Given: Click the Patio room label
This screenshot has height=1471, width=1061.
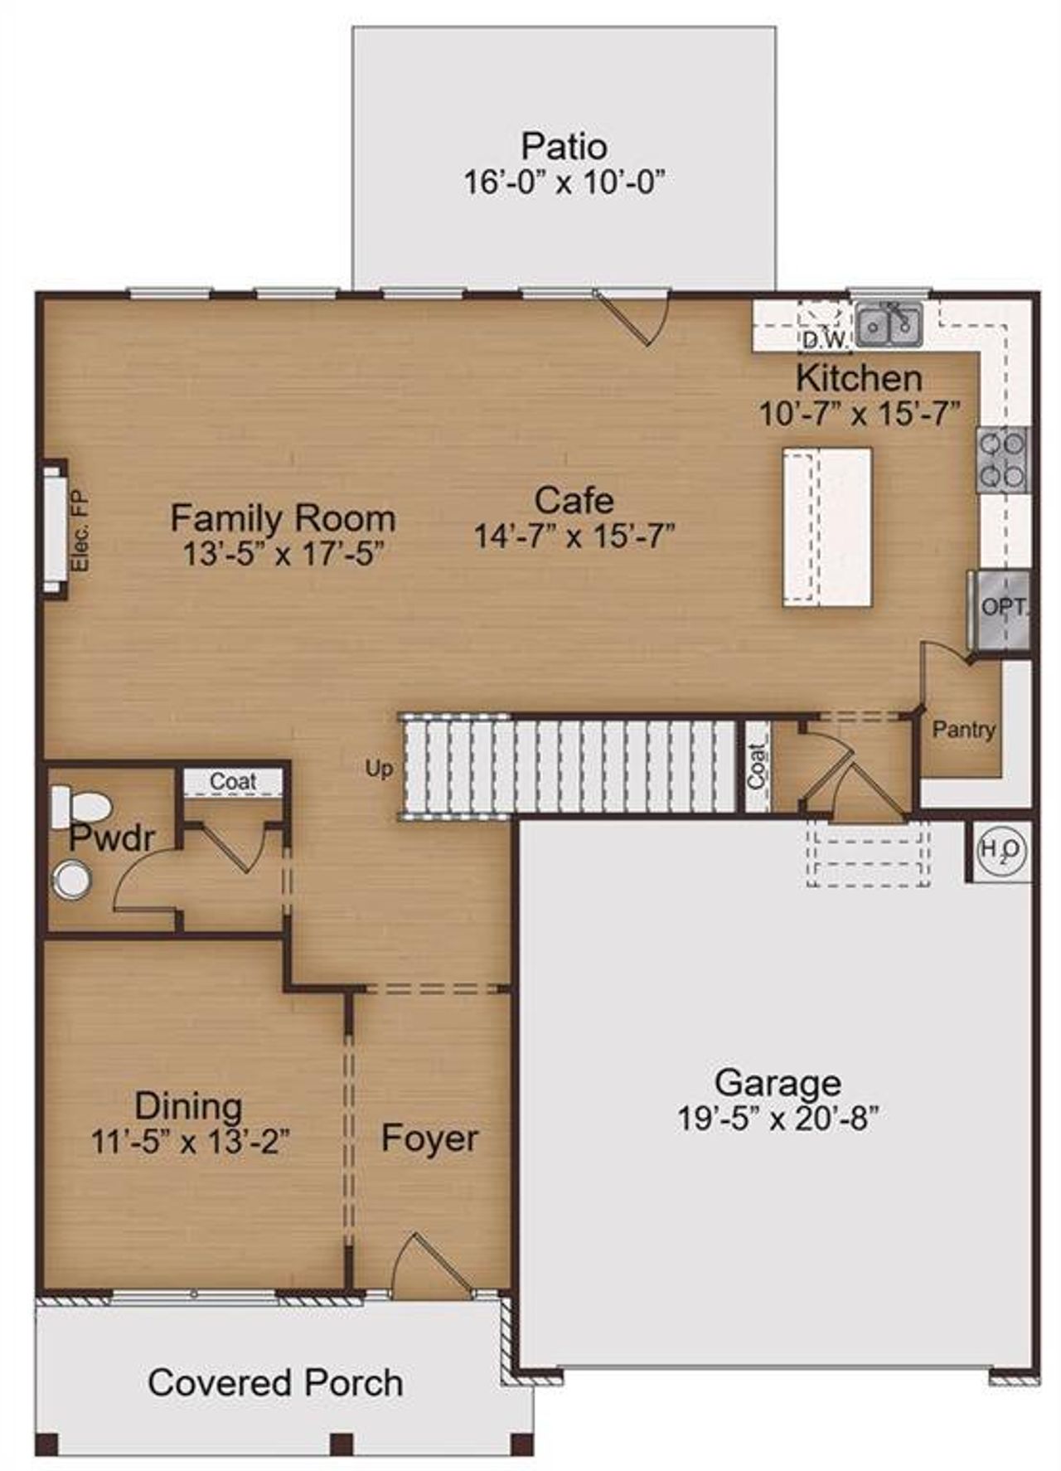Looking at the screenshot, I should [x=564, y=147].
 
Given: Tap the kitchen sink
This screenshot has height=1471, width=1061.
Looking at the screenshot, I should [x=889, y=324].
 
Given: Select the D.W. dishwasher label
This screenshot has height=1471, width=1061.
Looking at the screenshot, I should [x=824, y=339].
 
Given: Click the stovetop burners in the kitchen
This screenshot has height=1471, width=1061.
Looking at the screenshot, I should [x=1002, y=460].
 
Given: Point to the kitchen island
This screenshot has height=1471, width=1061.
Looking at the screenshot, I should [x=827, y=527].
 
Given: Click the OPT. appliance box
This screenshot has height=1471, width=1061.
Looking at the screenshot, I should [x=1002, y=607].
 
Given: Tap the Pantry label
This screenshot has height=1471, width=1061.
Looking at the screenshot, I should [x=963, y=730].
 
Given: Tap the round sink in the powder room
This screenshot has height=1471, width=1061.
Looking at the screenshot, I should [x=73, y=880].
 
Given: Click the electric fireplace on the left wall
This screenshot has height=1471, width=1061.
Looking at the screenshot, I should [x=55, y=527].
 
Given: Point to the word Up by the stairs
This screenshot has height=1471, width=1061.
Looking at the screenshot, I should [x=379, y=769].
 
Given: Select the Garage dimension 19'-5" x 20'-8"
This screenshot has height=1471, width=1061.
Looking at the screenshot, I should [x=778, y=1119].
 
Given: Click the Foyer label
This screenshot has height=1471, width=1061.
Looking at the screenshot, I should [x=429, y=1138].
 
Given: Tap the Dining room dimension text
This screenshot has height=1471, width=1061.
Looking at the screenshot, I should [x=190, y=1142].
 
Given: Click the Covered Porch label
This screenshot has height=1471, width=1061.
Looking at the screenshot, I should [x=275, y=1382].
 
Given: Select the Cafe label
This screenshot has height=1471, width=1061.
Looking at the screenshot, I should [x=574, y=500].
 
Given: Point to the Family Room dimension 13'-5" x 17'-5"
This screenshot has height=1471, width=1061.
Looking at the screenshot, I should [x=283, y=553].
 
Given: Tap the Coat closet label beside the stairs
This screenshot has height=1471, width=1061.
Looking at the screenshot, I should [x=756, y=766].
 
